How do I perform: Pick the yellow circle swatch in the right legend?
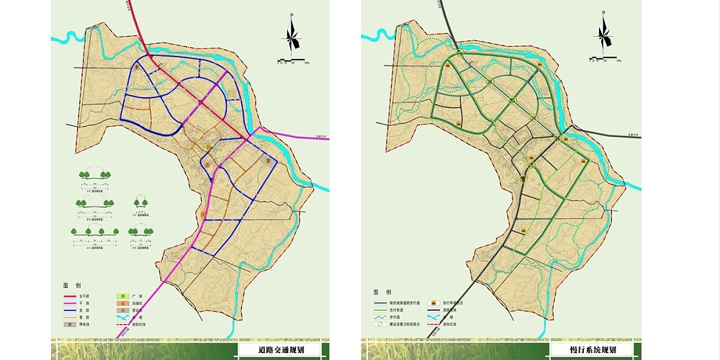point(380,323)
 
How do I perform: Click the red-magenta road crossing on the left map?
point(249,137)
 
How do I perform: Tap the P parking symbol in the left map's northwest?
point(136,67)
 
